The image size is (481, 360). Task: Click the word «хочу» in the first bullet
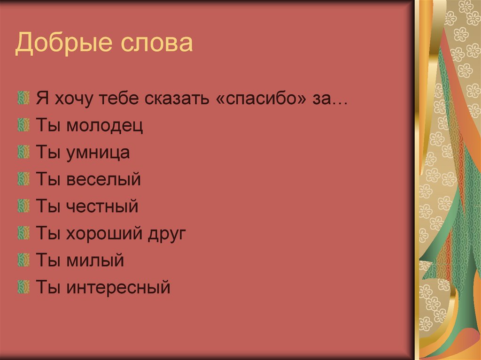71,100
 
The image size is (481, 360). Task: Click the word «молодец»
105,126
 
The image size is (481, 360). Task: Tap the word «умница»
98,153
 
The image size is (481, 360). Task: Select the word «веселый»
104,180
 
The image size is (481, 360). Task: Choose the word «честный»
102,207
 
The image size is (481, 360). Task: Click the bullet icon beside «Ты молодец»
22,126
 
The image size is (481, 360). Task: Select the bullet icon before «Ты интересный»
22,285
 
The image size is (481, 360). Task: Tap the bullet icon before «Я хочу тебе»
22,99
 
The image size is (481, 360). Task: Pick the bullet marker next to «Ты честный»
22,206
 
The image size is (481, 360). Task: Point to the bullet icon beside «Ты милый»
22,259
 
